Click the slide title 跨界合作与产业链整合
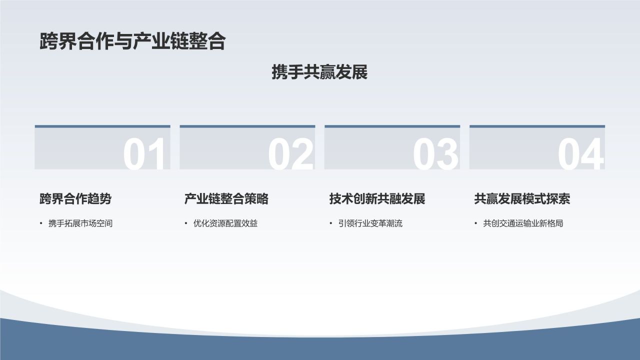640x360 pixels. (132, 42)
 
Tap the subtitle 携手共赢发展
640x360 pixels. (319, 72)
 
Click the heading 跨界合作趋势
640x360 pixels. (75, 199)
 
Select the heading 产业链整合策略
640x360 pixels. (226, 199)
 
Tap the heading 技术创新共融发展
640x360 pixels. (377, 199)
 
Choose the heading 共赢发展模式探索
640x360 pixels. (522, 199)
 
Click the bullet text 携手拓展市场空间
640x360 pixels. (80, 223)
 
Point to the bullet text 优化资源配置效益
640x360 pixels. (225, 223)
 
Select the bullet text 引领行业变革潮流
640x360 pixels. (370, 223)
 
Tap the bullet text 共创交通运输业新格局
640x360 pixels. (523, 223)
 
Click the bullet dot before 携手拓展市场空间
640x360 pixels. (41, 223)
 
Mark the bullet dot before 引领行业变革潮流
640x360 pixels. (331, 223)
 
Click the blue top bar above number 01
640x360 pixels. (102, 126)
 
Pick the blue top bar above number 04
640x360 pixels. (537, 126)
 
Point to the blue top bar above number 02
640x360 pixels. (247, 126)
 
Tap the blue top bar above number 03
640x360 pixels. (392, 126)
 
